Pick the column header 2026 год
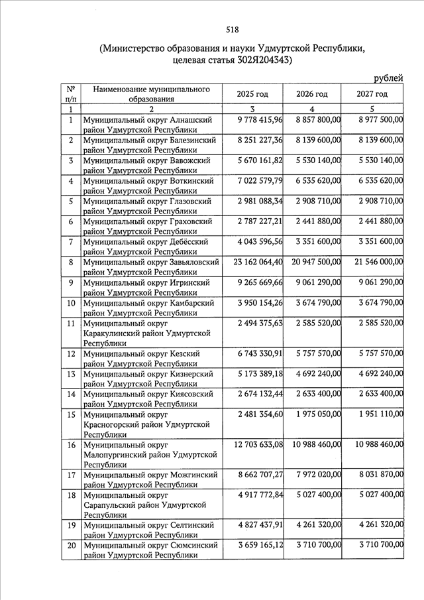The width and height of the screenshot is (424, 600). (x=311, y=94)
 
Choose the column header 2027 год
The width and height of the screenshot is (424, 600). (x=372, y=94)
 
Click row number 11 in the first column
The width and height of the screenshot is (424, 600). (x=70, y=324)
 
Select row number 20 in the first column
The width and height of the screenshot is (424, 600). (x=70, y=545)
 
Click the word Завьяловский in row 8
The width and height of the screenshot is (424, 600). (x=193, y=263)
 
